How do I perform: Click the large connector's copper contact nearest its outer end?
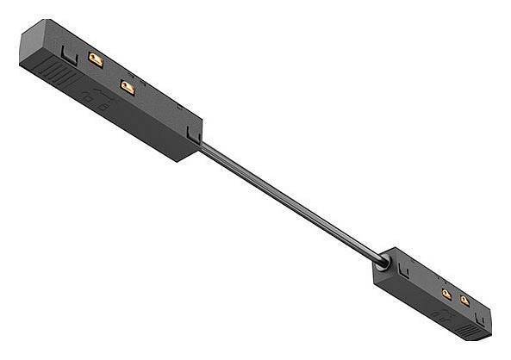coord(95,59)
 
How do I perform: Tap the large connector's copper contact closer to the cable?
coord(128,86)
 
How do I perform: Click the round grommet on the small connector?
coord(382,256)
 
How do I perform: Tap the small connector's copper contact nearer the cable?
coord(446,294)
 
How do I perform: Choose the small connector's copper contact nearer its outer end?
coord(465,301)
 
